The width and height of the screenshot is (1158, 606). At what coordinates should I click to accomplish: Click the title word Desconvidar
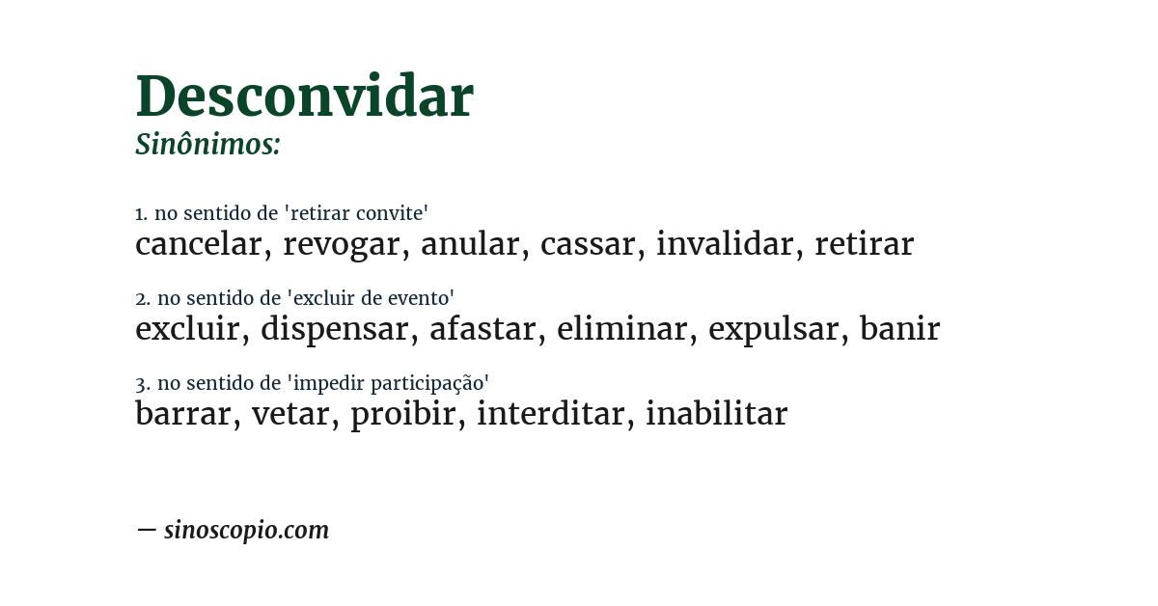pos(304,96)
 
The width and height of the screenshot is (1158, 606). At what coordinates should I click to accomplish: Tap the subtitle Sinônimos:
pos(207,145)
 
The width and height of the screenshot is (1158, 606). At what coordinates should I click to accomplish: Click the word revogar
pos(341,245)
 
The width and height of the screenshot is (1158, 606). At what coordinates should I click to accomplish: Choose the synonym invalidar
pos(724,244)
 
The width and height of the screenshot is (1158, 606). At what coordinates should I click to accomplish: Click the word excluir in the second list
pos(187,329)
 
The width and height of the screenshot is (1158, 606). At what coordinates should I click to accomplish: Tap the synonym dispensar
pos(334,330)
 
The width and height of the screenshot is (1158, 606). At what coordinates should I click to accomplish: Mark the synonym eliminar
pos(621,329)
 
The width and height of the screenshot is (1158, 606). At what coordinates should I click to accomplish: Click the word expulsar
pos(773,330)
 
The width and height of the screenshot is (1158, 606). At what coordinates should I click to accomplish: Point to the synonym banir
pos(899,329)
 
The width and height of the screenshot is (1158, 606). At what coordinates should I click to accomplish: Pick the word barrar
pos(182,414)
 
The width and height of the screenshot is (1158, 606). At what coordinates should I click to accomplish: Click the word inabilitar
pos(716,414)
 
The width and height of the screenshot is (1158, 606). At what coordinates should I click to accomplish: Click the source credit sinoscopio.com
pos(246,530)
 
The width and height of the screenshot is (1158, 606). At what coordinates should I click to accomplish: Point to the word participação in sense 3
pos(431,383)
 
